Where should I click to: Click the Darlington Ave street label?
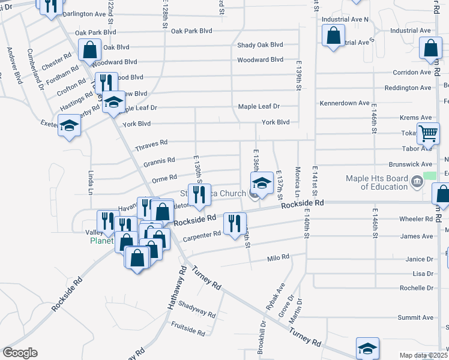click(x=83, y=13)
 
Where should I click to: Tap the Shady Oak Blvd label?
click(x=260, y=44)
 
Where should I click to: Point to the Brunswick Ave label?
click(x=411, y=164)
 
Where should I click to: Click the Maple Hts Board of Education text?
click(x=376, y=182)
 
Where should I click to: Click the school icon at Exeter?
click(x=70, y=126)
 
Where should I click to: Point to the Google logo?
click(x=20, y=353)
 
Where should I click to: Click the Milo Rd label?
click(x=278, y=257)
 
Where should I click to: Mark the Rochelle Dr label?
click(x=417, y=287)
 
